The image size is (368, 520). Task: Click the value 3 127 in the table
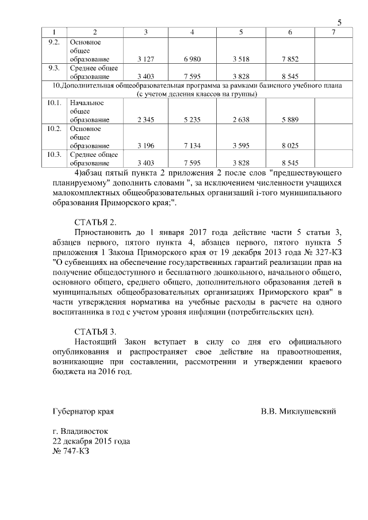click(146, 59)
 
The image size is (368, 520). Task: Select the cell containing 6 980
click(193, 59)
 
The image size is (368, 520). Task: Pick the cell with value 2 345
click(146, 120)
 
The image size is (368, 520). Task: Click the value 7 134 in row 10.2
click(193, 146)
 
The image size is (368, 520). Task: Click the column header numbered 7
click(333, 31)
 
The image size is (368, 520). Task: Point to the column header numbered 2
click(95, 31)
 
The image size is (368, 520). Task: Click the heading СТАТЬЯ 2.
click(95, 222)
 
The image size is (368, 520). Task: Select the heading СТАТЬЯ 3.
click(95, 332)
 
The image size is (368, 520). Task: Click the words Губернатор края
click(83, 411)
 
